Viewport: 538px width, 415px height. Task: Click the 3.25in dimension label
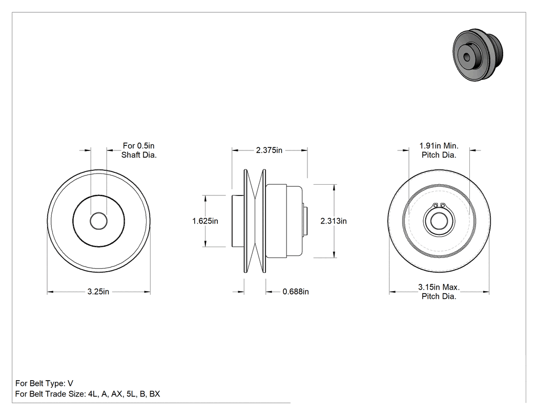[x=98, y=292]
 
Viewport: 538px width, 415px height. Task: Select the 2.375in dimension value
[x=269, y=150]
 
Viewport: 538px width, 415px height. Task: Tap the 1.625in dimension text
[x=205, y=221]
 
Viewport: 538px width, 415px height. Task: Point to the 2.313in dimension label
[x=334, y=221]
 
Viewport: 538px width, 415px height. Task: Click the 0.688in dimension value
[x=296, y=292]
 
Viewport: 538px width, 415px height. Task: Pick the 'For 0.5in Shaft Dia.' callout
[x=139, y=150]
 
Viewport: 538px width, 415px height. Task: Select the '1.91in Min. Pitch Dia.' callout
[x=439, y=150]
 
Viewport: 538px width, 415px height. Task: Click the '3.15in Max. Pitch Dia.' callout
[x=439, y=292]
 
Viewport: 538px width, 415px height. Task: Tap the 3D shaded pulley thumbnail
[x=478, y=55]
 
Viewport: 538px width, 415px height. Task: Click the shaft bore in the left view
[x=99, y=221]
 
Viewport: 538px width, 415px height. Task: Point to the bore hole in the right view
[x=439, y=221]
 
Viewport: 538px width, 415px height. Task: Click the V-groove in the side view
[x=255, y=221]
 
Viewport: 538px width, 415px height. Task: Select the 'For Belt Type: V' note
[x=44, y=383]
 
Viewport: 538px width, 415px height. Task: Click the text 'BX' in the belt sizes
[x=155, y=394]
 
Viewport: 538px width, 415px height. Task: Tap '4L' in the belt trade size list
[x=93, y=394]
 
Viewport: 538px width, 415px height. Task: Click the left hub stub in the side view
[x=237, y=221]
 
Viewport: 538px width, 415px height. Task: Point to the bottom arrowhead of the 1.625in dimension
[x=205, y=244]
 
